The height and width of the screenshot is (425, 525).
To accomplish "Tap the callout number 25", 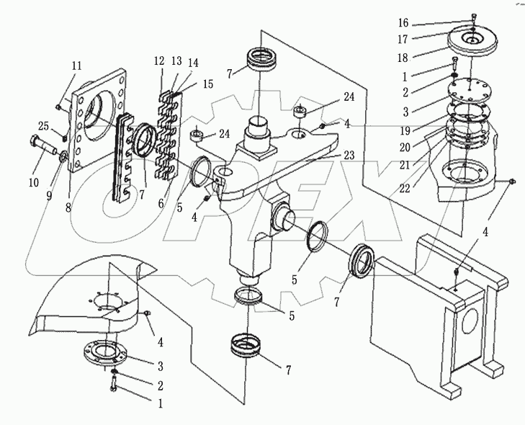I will coord(43,127).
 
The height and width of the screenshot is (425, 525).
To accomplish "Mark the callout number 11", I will coord(76,66).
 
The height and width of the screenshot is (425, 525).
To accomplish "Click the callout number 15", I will coord(207,84).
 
